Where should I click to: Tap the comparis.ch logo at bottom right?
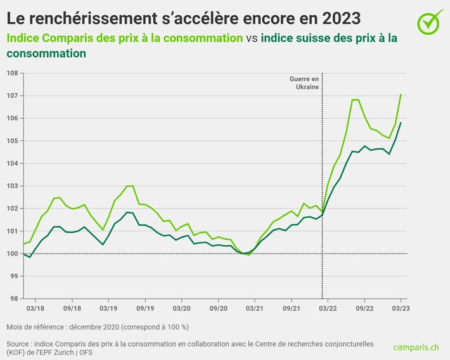point(415,347)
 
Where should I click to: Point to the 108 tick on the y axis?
point(12,73)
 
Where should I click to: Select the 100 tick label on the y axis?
point(12,254)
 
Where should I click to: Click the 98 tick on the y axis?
point(12,299)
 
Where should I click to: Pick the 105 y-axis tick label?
point(12,141)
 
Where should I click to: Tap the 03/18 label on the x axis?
point(35,307)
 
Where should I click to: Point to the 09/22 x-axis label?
point(364,307)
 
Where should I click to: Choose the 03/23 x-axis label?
point(400,307)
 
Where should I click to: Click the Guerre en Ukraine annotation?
point(304,83)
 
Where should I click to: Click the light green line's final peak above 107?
point(401,94)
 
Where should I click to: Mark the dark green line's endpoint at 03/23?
point(401,122)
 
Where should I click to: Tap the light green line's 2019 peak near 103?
point(130,186)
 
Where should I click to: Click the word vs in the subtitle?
point(252,38)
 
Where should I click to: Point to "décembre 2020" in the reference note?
point(92,326)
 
